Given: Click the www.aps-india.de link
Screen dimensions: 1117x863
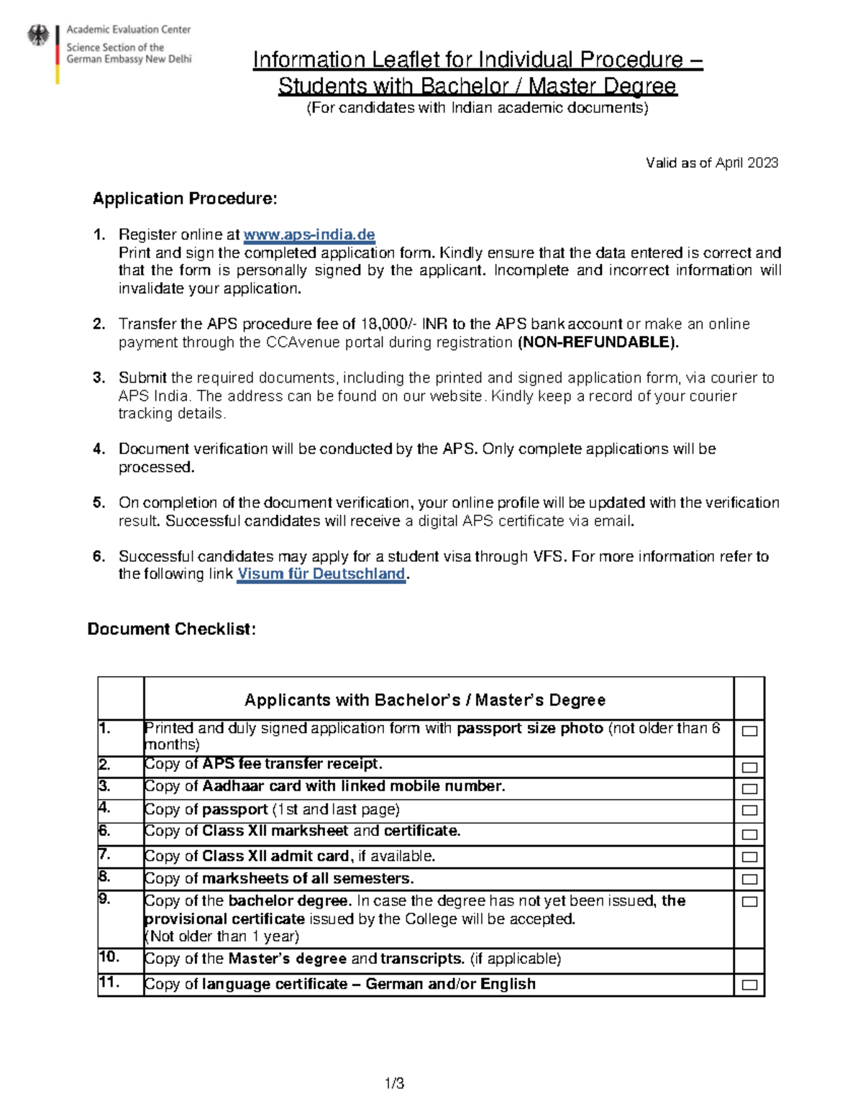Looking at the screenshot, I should (309, 235).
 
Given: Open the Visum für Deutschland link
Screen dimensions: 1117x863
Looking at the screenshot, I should (321, 574).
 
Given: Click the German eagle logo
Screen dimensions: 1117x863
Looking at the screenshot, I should (38, 36).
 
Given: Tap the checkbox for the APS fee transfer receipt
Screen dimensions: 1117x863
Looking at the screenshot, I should (749, 767).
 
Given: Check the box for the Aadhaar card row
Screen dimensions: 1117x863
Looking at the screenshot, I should (749, 789).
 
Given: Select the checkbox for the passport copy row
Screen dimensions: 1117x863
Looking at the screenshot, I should (749, 811).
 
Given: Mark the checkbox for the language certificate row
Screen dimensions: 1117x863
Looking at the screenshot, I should (749, 985).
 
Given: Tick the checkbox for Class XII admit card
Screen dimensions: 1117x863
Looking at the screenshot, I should (749, 857).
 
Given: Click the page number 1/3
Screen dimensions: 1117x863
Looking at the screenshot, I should (395, 1083).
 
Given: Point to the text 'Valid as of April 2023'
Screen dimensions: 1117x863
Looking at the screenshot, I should (711, 163).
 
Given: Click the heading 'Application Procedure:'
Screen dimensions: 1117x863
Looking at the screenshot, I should (185, 199).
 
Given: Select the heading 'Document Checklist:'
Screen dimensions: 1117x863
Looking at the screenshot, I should (171, 629).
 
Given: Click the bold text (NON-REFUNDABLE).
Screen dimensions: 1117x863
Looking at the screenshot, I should (598, 342).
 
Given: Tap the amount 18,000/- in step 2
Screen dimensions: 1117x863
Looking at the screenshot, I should (388, 324).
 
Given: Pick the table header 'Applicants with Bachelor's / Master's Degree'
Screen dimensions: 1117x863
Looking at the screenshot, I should (425, 700).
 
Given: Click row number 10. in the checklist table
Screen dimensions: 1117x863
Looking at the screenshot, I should (110, 957).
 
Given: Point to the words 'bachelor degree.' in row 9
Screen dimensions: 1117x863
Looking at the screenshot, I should (290, 901).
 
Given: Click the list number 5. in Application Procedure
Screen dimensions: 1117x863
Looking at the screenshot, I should (99, 503).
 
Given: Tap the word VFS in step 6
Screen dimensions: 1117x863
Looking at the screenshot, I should (549, 557).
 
